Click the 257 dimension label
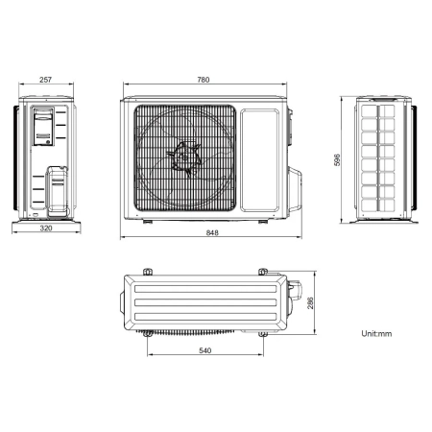pyautogui.click(x=45, y=80)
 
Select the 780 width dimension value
pyautogui.click(x=204, y=80)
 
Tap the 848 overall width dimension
pyautogui.click(x=212, y=232)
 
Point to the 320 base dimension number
pyautogui.click(x=46, y=228)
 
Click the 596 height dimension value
pyautogui.click(x=337, y=159)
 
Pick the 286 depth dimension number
pyautogui.click(x=310, y=302)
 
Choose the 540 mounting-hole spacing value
pyautogui.click(x=205, y=350)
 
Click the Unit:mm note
pyautogui.click(x=376, y=334)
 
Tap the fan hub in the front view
pyautogui.click(x=184, y=157)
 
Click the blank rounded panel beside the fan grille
pyautogui.click(x=259, y=160)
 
